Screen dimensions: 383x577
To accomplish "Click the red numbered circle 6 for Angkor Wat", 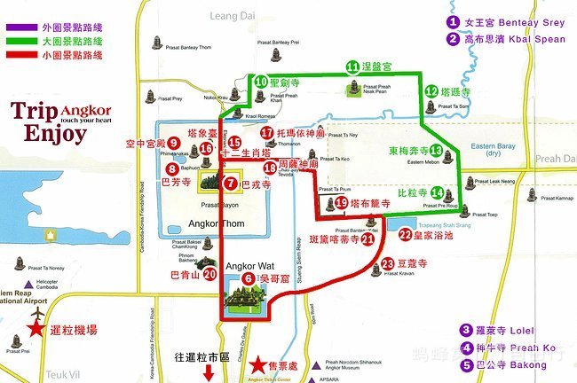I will (x=235, y=278).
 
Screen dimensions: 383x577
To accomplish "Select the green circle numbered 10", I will (x=261, y=81).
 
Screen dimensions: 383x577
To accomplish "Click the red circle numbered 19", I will (x=343, y=203).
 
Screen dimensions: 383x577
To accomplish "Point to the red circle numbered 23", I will (x=387, y=263).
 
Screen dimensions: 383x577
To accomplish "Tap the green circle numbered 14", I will (x=438, y=192).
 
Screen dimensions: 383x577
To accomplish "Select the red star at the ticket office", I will (x=258, y=363).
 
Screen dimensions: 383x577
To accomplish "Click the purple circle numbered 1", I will (x=454, y=22).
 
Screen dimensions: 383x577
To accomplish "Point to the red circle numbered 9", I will (x=174, y=142).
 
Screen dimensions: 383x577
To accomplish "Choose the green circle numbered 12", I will (x=431, y=90).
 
